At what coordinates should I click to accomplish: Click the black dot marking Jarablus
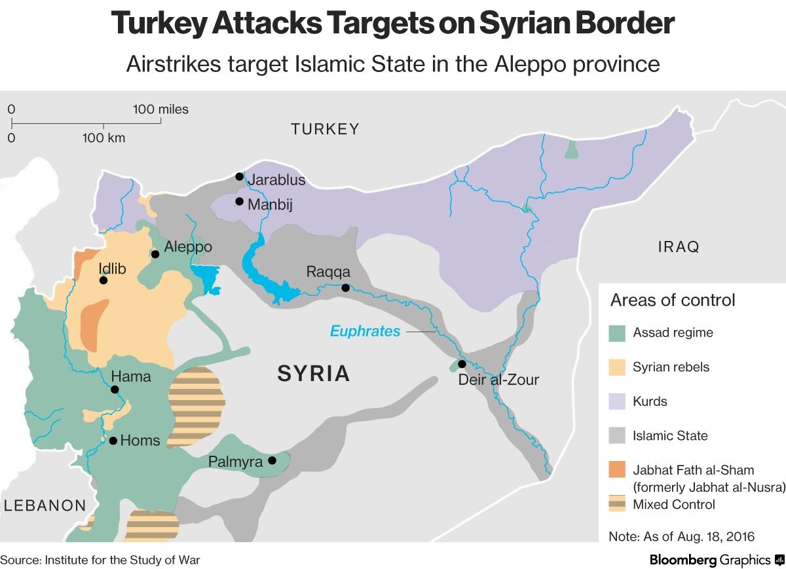tap(240, 177)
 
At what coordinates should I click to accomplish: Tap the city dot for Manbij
tap(240, 202)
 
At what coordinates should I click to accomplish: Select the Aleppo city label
tap(188, 247)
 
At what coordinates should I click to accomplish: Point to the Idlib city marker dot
tap(103, 280)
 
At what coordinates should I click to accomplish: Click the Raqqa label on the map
tap(328, 272)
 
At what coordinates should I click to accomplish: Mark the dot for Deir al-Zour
tap(462, 364)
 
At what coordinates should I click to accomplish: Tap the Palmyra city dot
tap(272, 460)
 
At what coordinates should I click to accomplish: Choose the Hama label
tap(131, 376)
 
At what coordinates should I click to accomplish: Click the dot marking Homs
tap(113, 441)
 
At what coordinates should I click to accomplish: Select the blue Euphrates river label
tap(365, 331)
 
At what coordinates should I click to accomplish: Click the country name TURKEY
tap(326, 129)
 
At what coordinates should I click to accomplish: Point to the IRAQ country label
tap(679, 247)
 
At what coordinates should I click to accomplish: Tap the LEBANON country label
tap(45, 505)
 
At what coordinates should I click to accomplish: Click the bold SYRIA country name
tap(314, 374)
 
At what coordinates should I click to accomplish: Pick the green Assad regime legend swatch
tap(617, 333)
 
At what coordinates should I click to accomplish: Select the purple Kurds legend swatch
tap(617, 401)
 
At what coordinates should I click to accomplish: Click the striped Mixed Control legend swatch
tap(617, 504)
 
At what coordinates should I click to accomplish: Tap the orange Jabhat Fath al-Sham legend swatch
tap(617, 470)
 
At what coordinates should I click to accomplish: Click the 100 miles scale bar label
tap(160, 109)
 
